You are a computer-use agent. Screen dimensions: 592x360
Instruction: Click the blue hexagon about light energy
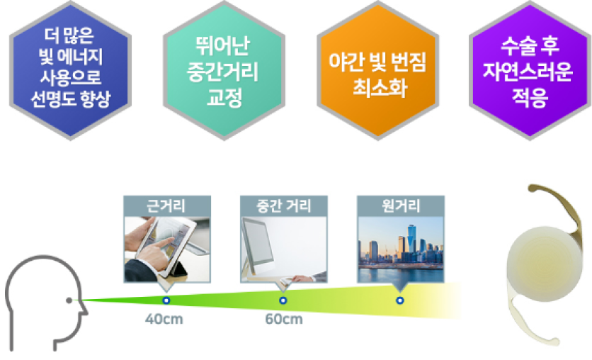[x=71, y=71]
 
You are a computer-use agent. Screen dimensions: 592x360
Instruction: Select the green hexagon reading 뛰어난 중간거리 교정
[x=224, y=71]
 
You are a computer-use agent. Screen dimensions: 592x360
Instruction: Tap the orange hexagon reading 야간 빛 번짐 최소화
[x=378, y=71]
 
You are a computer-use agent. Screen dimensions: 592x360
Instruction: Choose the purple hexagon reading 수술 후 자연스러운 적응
[x=530, y=71]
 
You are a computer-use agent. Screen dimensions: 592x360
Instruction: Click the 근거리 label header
[x=167, y=206]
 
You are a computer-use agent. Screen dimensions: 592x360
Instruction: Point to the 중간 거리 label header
[x=284, y=206]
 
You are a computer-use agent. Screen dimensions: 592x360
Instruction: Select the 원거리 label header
[x=401, y=206]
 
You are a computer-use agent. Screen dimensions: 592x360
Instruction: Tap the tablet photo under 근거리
[x=167, y=249]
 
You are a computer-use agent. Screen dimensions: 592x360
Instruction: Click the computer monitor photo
[x=284, y=249]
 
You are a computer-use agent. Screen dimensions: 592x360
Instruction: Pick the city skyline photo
[x=401, y=249]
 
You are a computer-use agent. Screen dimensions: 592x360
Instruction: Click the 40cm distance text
[x=164, y=319]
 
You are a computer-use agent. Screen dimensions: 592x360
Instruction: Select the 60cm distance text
[x=284, y=319]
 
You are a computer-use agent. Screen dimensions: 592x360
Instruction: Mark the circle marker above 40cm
[x=166, y=300]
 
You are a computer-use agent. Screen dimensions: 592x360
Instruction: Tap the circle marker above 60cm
[x=283, y=300]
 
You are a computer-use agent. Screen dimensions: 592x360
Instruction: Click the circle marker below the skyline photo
[x=400, y=300]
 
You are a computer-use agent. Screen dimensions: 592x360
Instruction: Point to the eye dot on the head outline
[x=69, y=300]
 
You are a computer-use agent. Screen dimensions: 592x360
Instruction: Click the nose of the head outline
[x=84, y=310]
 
